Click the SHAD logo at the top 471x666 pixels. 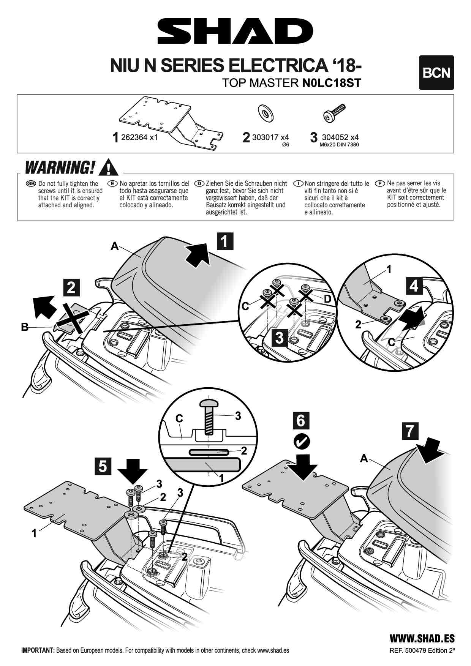point(235,32)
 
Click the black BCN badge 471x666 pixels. point(436,73)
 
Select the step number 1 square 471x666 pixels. point(224,241)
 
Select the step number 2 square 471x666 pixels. point(71,287)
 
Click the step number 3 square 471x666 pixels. point(280,337)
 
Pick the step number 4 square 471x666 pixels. point(414,286)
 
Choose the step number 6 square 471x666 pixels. point(301,420)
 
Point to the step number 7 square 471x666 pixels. point(410,431)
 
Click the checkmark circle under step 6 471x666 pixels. point(302,441)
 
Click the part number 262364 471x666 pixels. point(134,137)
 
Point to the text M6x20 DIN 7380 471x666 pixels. point(339,145)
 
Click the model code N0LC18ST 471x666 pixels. point(331,83)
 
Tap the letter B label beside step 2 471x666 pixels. point(25,327)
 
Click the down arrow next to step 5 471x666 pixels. point(132,471)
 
